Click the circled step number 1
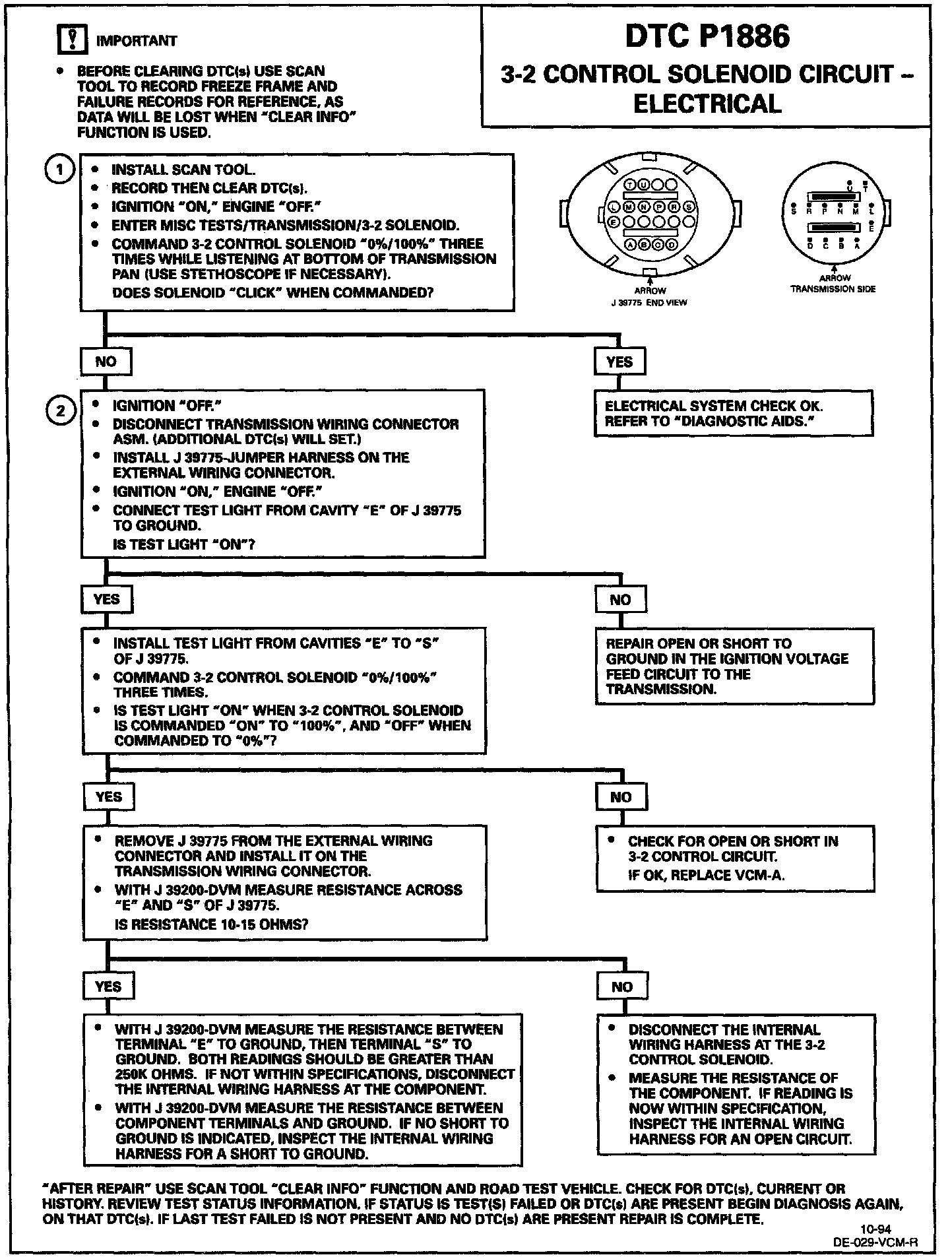coord(59,170)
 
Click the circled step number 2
coord(59,411)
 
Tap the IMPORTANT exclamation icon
coord(73,41)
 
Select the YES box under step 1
coord(619,362)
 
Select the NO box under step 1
coord(106,362)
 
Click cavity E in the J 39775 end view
coord(612,222)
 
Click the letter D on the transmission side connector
coord(811,245)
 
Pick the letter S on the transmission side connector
coord(794,211)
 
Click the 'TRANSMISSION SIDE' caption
coord(833,289)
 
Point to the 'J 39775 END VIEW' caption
coord(649,302)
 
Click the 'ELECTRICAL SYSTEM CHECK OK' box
coord(734,414)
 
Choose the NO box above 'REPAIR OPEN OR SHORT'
coord(620,600)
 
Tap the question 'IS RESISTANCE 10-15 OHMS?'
coord(211,924)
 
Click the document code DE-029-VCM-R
coord(875,1241)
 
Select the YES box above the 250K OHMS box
coord(108,987)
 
